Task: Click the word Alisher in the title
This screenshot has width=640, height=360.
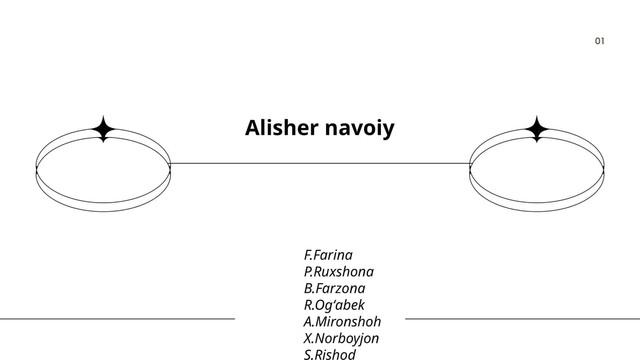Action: coord(282,128)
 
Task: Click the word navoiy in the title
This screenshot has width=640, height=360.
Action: coord(360,129)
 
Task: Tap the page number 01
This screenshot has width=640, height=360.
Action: coord(600,41)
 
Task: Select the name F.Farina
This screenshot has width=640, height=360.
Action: coord(328,255)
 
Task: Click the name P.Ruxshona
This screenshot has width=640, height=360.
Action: coord(339,272)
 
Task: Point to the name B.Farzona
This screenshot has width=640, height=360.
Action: coord(334,288)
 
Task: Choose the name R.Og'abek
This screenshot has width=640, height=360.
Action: coord(334,305)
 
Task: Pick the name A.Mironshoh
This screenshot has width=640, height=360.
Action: coord(342,322)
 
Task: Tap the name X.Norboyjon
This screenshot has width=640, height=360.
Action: coord(341,338)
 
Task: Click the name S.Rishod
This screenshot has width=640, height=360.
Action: coord(330,354)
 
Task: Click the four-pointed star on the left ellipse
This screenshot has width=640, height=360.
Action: coord(104,129)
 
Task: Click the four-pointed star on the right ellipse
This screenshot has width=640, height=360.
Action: coord(536,129)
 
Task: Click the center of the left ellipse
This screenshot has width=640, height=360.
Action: coord(103,170)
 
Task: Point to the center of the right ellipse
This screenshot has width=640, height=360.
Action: coord(536,170)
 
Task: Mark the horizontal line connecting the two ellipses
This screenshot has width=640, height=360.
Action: coord(320,164)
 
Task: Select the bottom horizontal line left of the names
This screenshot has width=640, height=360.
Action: coord(118,319)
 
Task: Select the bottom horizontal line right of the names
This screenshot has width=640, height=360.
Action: coord(522,319)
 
